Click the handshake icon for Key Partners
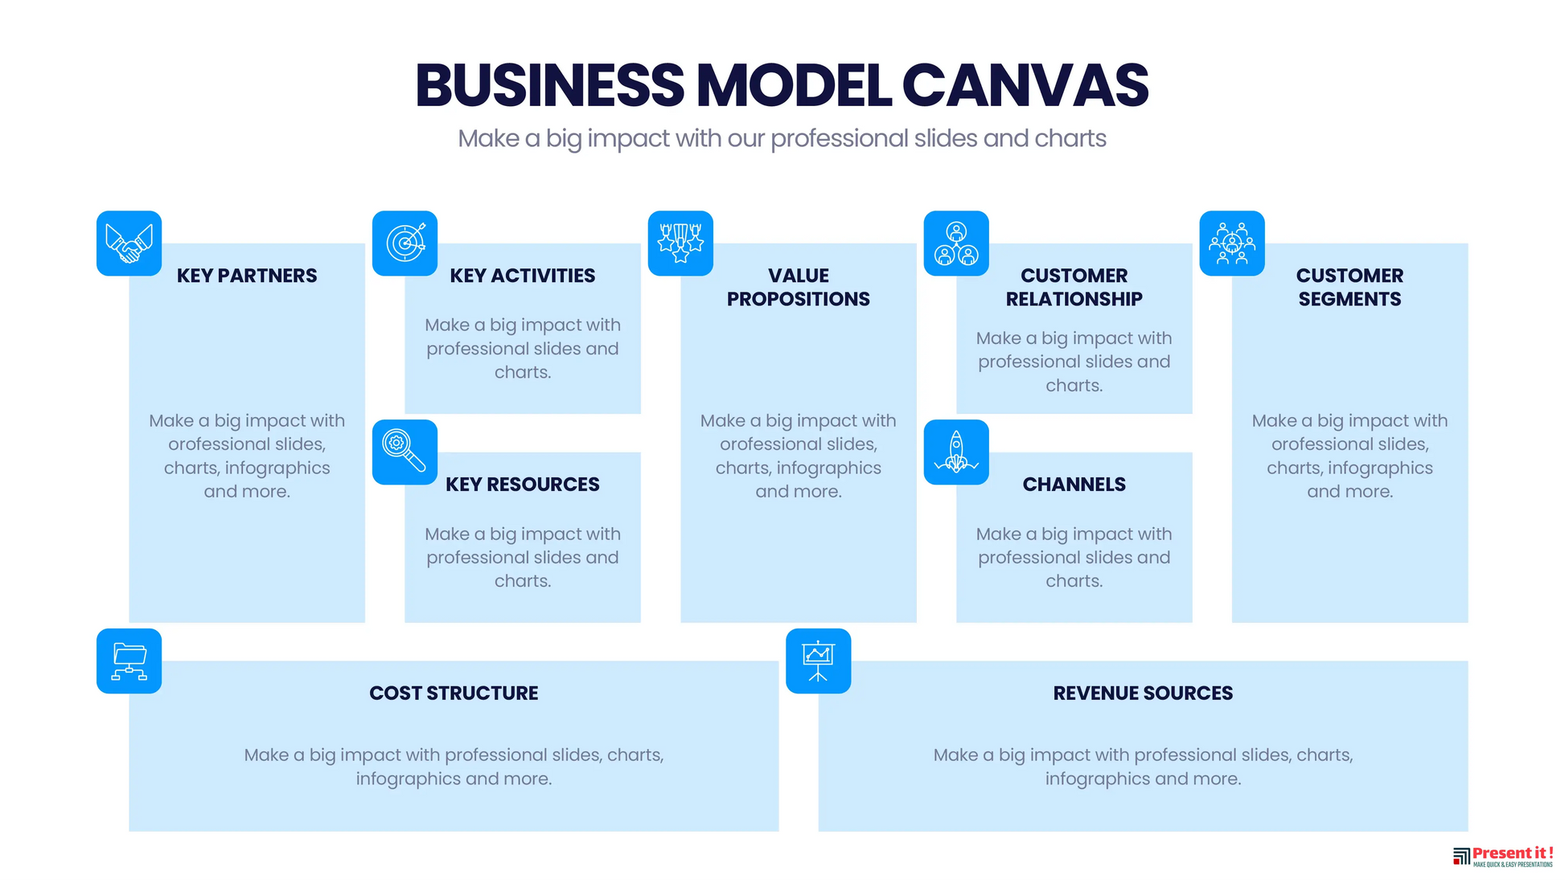click(129, 244)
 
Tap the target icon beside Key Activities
click(405, 244)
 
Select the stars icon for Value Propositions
click(680, 244)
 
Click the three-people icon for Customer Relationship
click(956, 244)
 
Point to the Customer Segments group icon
click(1232, 244)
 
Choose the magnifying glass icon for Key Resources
click(405, 452)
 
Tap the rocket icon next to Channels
click(956, 452)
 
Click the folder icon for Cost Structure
click(129, 661)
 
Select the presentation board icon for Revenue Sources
click(818, 661)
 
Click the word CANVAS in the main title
click(1025, 85)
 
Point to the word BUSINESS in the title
click(550, 85)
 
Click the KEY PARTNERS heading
click(247, 276)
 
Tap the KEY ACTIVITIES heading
click(523, 276)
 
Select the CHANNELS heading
click(1074, 485)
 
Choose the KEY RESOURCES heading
click(523, 485)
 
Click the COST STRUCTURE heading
click(454, 694)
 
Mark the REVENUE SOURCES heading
click(1143, 694)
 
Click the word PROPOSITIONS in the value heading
click(799, 299)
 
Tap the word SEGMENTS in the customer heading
click(1349, 299)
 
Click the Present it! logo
click(1503, 857)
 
